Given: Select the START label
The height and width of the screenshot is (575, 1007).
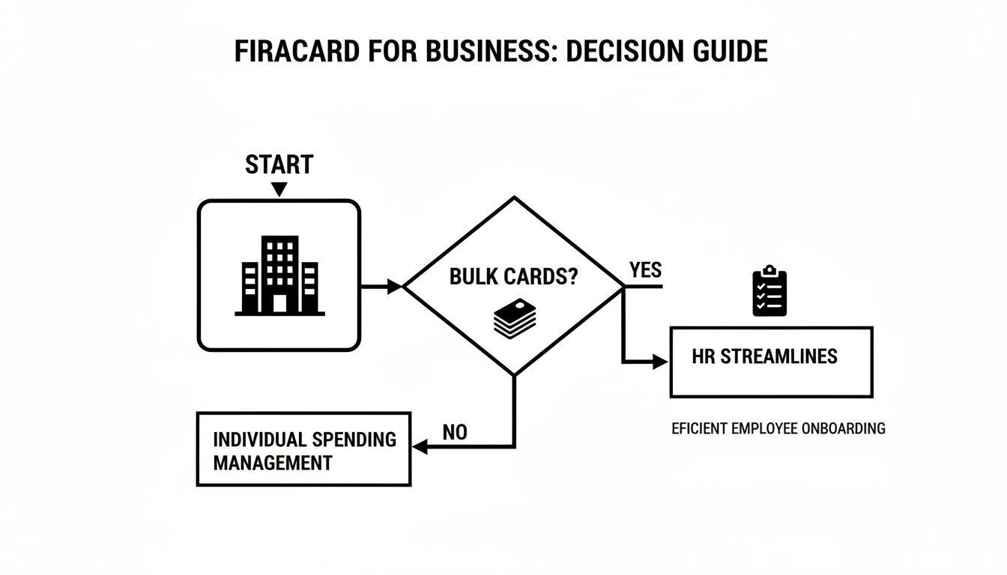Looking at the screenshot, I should pos(279,164).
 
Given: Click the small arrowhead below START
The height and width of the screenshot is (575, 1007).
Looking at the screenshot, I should pos(279,190).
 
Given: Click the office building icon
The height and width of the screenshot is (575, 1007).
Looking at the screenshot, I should pos(279,276).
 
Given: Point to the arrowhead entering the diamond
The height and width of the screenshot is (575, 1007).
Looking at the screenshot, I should pos(395,285).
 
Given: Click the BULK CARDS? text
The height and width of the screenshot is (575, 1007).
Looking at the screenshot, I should pos(514,276).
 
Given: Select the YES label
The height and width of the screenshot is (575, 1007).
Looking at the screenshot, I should pos(645,270).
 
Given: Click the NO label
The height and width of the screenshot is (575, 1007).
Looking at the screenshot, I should pos(455,432).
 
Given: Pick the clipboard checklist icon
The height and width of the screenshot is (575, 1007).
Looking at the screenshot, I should pos(769,293).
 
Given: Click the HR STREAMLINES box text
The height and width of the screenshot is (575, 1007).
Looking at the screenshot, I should pos(764,356).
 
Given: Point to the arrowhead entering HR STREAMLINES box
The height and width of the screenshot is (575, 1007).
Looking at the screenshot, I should pos(661,362).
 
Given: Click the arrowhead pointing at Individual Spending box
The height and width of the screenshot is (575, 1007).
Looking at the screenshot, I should pos(420,447).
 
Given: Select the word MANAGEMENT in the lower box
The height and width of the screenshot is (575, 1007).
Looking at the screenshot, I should pos(272,463).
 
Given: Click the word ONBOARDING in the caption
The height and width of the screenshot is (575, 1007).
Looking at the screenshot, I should pos(843,428).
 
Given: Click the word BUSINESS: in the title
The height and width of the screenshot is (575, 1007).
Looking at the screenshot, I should pos(483,51).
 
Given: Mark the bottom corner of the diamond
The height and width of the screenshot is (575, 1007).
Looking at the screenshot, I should pos(514,374).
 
